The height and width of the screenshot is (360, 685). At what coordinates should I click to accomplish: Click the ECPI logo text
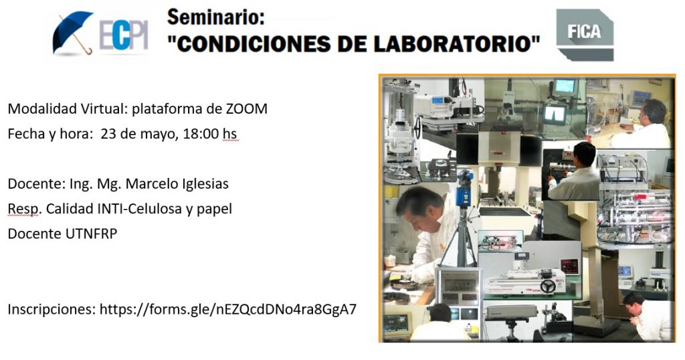coord(124,35)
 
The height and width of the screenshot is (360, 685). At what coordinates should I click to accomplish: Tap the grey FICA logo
coord(585,35)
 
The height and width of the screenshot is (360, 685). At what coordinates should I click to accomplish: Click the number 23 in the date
coord(108,134)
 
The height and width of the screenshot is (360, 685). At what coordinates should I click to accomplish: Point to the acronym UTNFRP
coord(91,234)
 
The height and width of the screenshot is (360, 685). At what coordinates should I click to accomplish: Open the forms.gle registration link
coord(228,309)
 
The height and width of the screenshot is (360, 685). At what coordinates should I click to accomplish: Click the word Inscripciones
coord(52,309)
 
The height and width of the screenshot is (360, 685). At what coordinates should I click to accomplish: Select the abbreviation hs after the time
coord(230,134)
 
